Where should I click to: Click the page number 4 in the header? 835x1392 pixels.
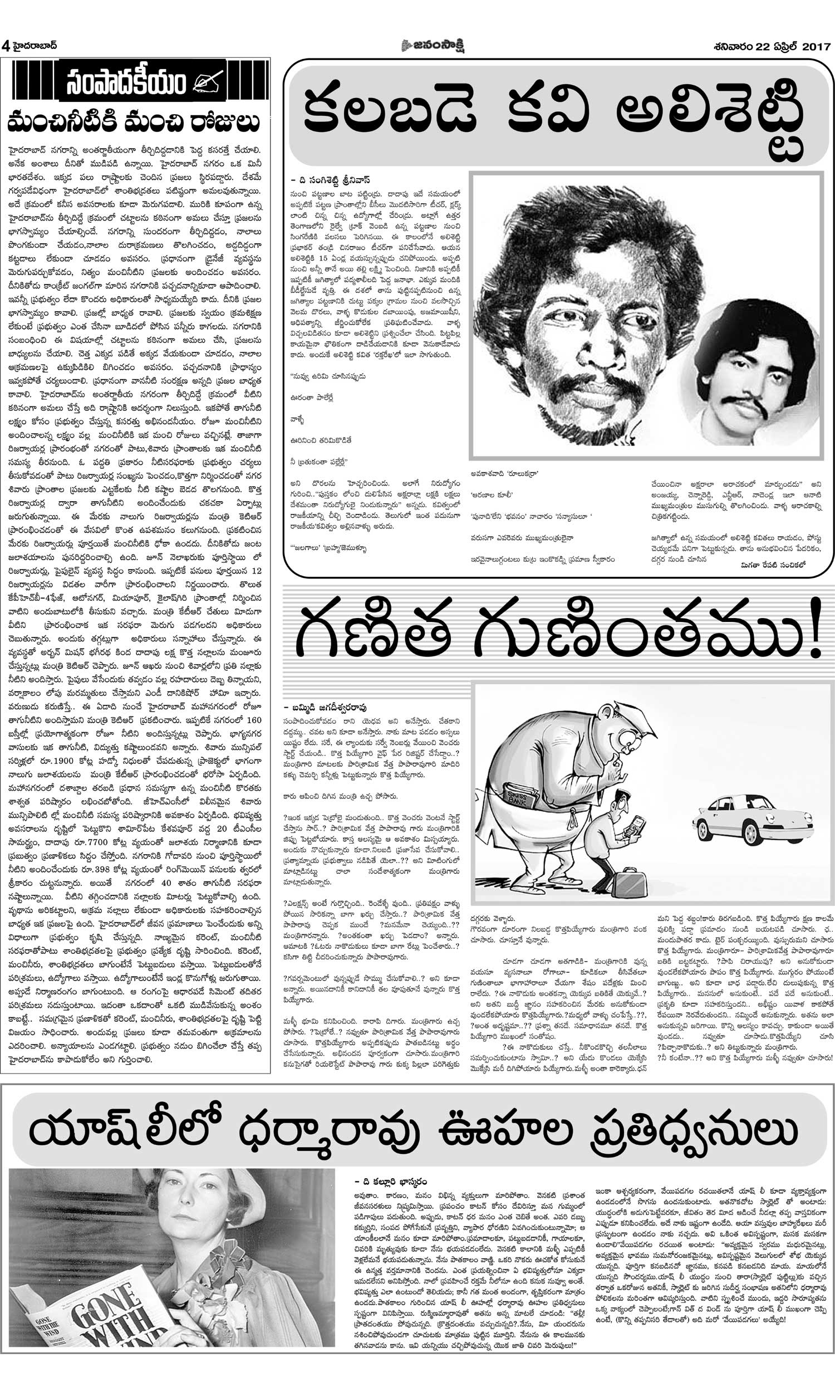6,46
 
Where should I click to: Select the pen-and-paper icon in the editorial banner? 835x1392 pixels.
208,82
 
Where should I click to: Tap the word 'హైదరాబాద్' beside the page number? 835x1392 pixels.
35,46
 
